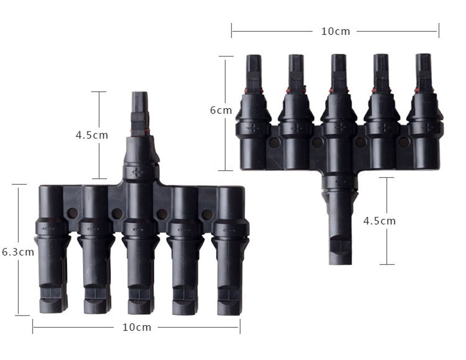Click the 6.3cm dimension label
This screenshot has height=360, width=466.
pos(18,252)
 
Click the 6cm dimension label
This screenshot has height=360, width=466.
pos(220,111)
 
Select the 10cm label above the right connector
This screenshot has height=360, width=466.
pos(335,31)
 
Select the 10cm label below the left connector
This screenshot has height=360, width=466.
pos(137,327)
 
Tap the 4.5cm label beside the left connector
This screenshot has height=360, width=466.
pos(92,135)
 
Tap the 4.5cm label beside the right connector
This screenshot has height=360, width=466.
pos(379,221)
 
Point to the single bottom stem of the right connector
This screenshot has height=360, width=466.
pos(340,228)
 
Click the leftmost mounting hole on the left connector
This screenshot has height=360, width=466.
pos(72,214)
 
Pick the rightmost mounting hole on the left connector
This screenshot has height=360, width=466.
pos(207,215)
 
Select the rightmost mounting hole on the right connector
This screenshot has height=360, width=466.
pos(404,142)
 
